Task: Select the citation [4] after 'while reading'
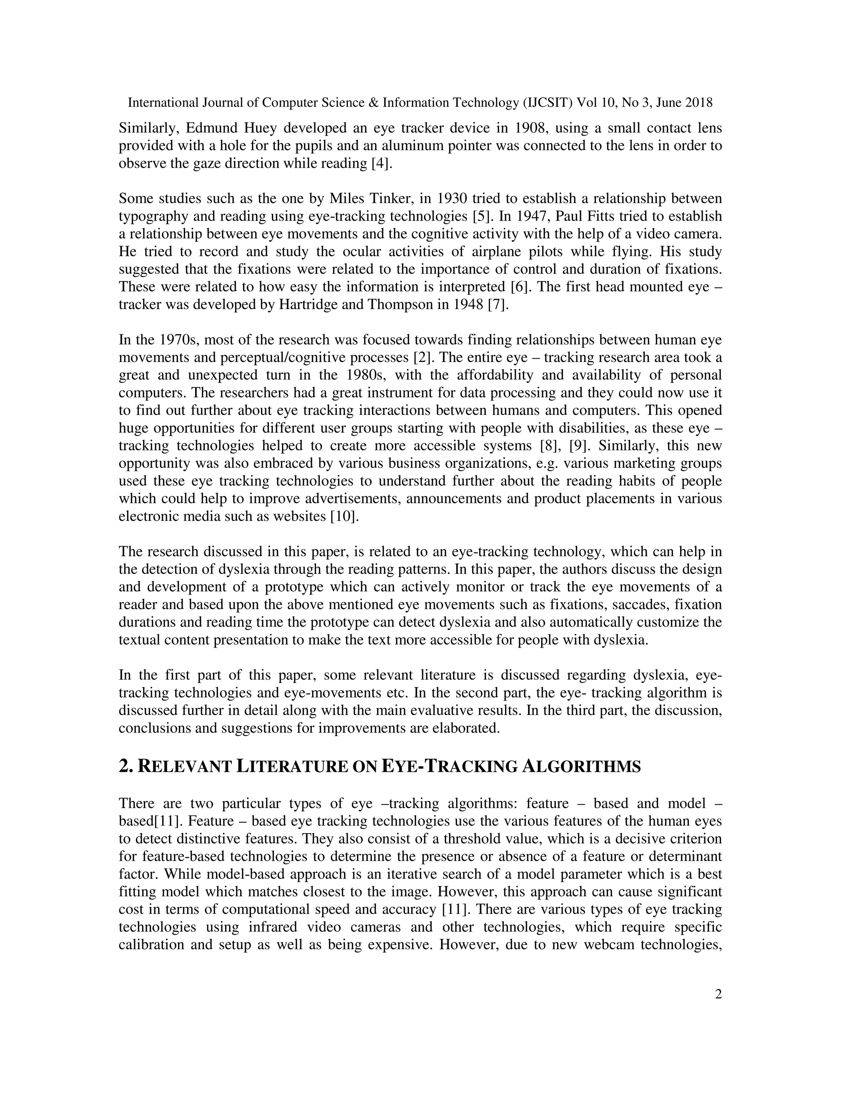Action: pyautogui.click(x=382, y=164)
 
